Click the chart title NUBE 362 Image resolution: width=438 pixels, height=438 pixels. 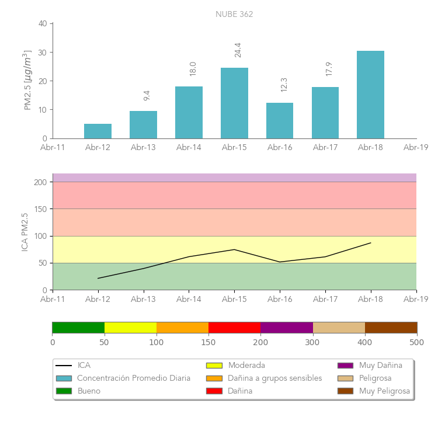coord(234,14)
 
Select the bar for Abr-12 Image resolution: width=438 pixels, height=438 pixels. coord(98,131)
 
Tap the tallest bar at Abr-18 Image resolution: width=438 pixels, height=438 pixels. coord(370,95)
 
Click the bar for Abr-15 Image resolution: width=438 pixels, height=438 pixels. coord(234,103)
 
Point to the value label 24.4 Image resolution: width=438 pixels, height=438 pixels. coord(238,50)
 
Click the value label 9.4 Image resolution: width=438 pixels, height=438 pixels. coord(147,95)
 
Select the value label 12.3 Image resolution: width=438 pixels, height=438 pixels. coord(284,85)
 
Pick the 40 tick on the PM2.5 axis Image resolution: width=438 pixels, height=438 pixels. coord(43,24)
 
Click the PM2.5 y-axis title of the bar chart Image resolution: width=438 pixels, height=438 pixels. coord(27,80)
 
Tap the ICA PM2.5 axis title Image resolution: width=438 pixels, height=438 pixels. coord(25,232)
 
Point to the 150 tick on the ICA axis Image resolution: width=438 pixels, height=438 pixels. coord(40,209)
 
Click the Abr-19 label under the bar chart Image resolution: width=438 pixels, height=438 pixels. coord(416,148)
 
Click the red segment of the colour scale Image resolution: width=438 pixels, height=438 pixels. coord(234,327)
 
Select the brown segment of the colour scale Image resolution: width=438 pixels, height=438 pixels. coord(391,327)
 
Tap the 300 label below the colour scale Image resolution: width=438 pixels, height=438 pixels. coord(312,342)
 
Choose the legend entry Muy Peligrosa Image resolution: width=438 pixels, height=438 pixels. coord(384,391)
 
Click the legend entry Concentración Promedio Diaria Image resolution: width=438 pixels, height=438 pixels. coord(134,378)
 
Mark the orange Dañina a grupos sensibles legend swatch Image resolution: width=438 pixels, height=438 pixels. coord(214,378)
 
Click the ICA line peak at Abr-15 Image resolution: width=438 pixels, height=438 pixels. coord(234,249)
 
